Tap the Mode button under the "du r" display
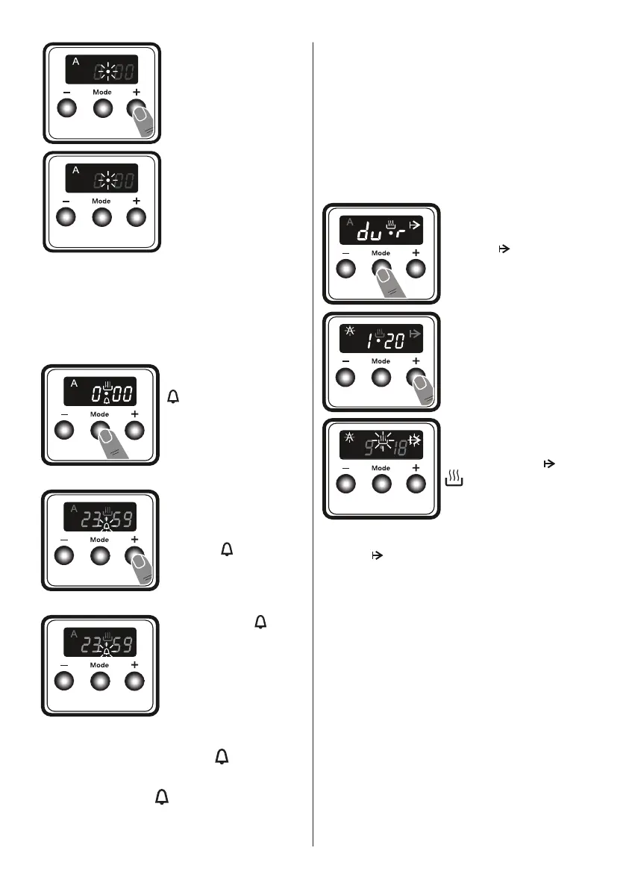pyautogui.click(x=381, y=269)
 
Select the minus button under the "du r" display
pyautogui.click(x=345, y=269)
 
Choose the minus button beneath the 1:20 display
pyautogui.click(x=345, y=378)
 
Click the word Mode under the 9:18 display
pyautogui.click(x=381, y=468)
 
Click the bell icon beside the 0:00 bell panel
pyautogui.click(x=172, y=399)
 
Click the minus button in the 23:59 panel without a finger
pyautogui.click(x=64, y=681)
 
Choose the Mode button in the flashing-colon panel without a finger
pyautogui.click(x=101, y=217)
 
